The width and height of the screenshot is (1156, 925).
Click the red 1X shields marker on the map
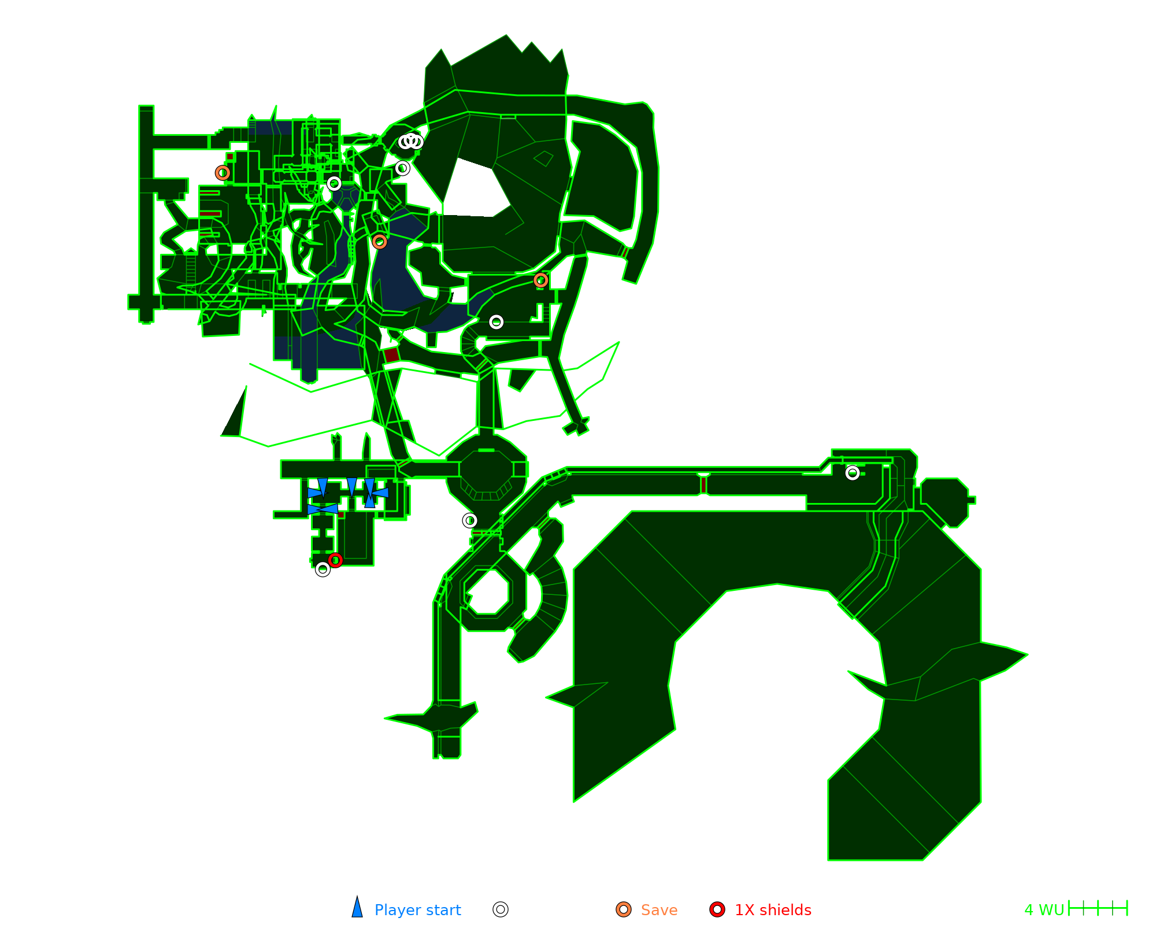[x=335, y=560]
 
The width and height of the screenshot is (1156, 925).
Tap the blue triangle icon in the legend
[x=357, y=908]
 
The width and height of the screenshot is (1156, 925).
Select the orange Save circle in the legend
[x=624, y=909]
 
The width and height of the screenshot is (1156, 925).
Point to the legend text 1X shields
[x=773, y=910]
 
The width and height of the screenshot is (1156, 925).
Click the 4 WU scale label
[x=1044, y=910]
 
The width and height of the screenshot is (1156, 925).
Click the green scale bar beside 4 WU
[x=1098, y=908]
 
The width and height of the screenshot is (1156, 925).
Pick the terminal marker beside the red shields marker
[x=323, y=569]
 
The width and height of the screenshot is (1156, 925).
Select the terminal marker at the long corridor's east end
[x=853, y=473]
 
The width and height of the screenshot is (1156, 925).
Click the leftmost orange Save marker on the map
[x=223, y=173]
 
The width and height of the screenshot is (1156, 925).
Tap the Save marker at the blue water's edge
[x=379, y=242]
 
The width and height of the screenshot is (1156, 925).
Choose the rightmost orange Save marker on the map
[x=540, y=280]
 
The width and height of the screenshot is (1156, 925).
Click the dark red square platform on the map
[x=391, y=355]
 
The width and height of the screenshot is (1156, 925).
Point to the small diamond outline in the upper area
[x=543, y=158]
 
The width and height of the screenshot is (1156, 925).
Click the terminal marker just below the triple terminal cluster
[x=402, y=168]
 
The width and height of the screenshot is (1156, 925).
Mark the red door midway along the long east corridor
[x=703, y=485]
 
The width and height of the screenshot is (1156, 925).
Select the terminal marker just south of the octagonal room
[x=470, y=520]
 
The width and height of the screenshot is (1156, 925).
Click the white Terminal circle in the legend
[x=501, y=909]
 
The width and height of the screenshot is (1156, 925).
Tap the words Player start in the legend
[x=417, y=910]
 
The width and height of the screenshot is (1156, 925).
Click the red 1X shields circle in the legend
[x=717, y=909]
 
